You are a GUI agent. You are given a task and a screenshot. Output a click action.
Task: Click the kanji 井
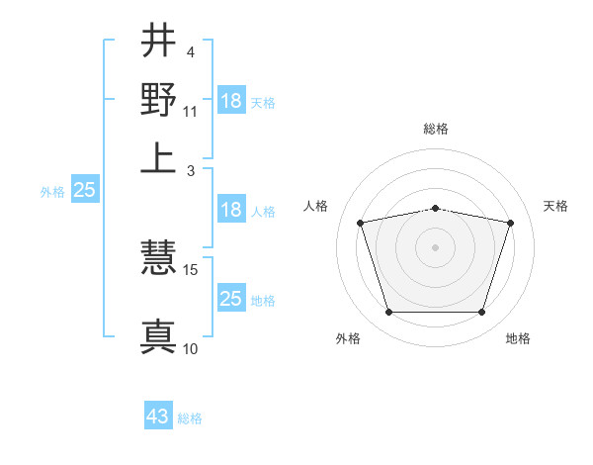click(158, 42)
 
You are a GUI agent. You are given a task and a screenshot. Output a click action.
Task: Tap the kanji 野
click(158, 99)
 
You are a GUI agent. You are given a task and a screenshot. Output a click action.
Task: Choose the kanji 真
click(158, 334)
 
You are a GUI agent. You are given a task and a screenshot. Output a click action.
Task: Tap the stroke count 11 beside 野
click(191, 111)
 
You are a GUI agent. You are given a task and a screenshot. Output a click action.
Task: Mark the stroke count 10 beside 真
click(191, 348)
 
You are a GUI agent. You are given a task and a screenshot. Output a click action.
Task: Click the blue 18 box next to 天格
click(231, 100)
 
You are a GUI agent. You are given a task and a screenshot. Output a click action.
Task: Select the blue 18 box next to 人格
click(231, 210)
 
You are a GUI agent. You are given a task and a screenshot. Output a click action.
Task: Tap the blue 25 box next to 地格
click(231, 299)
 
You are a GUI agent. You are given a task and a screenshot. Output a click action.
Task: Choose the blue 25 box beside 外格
click(85, 191)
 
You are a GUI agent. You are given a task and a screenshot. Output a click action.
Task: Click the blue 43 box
click(158, 417)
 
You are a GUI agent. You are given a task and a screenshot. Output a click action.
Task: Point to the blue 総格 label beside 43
click(190, 418)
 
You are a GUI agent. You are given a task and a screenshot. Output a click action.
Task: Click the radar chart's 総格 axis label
click(436, 129)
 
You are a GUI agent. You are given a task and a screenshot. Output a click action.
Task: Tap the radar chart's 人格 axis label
click(316, 206)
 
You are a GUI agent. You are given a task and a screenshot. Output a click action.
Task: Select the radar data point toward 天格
click(510, 224)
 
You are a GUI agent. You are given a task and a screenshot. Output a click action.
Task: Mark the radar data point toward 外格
click(388, 313)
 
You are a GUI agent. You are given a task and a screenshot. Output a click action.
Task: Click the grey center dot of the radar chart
click(436, 247)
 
